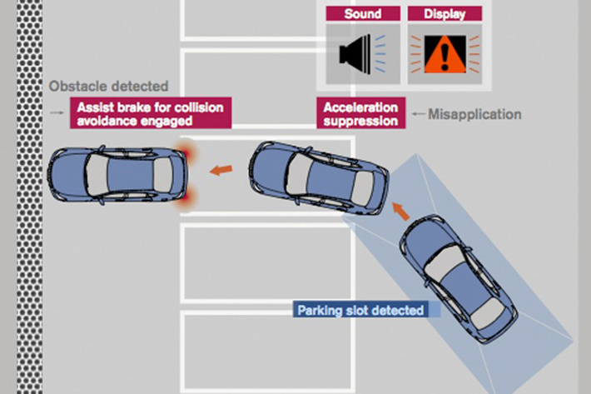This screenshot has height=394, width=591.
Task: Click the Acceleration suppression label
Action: tap(361, 114)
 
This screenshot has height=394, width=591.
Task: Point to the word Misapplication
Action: tap(474, 114)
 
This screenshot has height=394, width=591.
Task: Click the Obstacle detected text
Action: tap(108, 86)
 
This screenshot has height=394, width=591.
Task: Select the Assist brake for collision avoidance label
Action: tap(150, 114)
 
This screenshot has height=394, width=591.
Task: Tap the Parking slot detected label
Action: tap(361, 311)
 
